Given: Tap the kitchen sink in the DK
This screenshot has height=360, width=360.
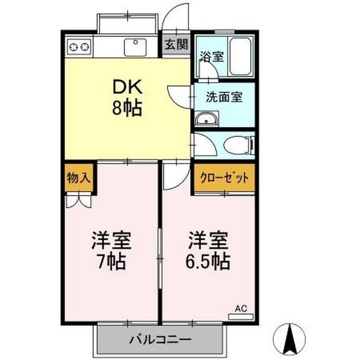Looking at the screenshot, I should click(x=135, y=47).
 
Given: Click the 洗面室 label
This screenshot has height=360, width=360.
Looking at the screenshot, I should click(x=223, y=96).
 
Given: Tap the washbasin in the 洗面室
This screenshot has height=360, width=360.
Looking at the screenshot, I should click(x=205, y=119).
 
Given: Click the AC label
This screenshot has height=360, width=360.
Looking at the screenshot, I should click(x=241, y=308).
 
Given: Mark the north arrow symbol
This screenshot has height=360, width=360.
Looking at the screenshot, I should click(x=291, y=338).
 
